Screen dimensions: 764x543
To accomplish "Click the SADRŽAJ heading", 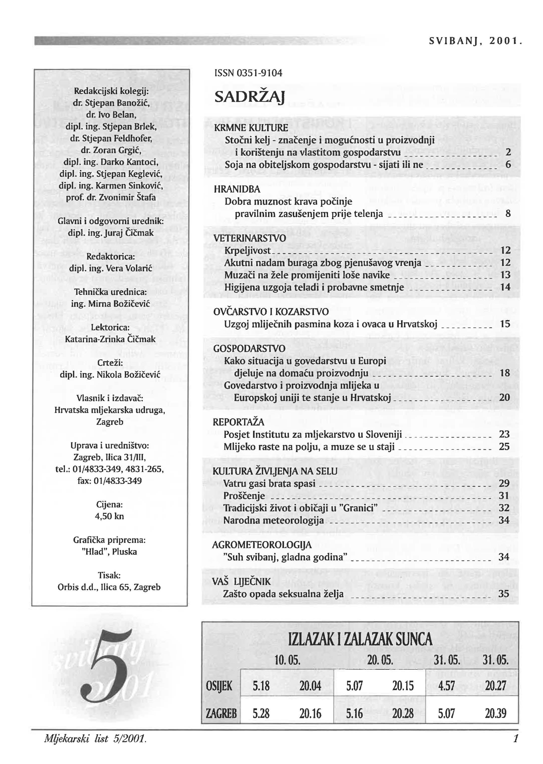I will click(249, 97).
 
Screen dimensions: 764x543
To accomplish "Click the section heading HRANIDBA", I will click(237, 189).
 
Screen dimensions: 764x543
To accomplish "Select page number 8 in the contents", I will click(508, 213).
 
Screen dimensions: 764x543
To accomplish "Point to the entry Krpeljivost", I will click(247, 250).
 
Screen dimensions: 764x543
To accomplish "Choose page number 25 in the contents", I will click(504, 447).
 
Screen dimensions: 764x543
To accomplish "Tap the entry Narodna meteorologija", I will click(274, 520).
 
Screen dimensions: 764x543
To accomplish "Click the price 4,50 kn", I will click(109, 516).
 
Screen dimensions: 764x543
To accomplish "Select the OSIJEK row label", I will click(219, 686).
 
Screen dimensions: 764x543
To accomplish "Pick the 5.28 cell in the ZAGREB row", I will click(261, 714).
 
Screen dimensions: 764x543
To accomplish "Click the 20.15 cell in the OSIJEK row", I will click(403, 686).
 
